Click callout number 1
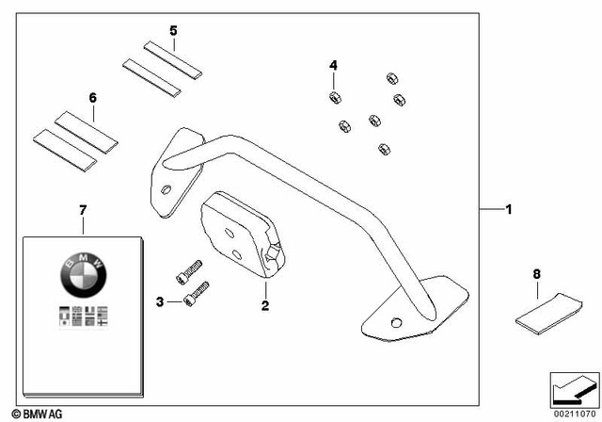508,209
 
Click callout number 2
265,306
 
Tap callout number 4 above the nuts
332,65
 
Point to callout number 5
173,30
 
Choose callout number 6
92,97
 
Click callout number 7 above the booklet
83,208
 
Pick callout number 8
537,274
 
